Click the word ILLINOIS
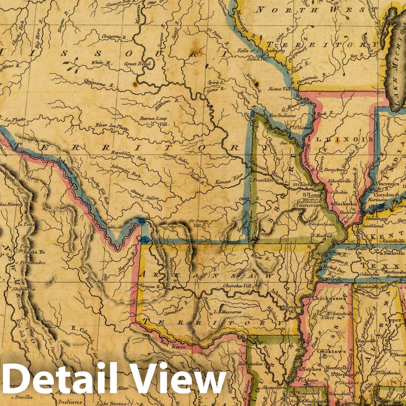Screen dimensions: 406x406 [x=340, y=139]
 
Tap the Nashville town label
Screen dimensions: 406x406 [x=394, y=253]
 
